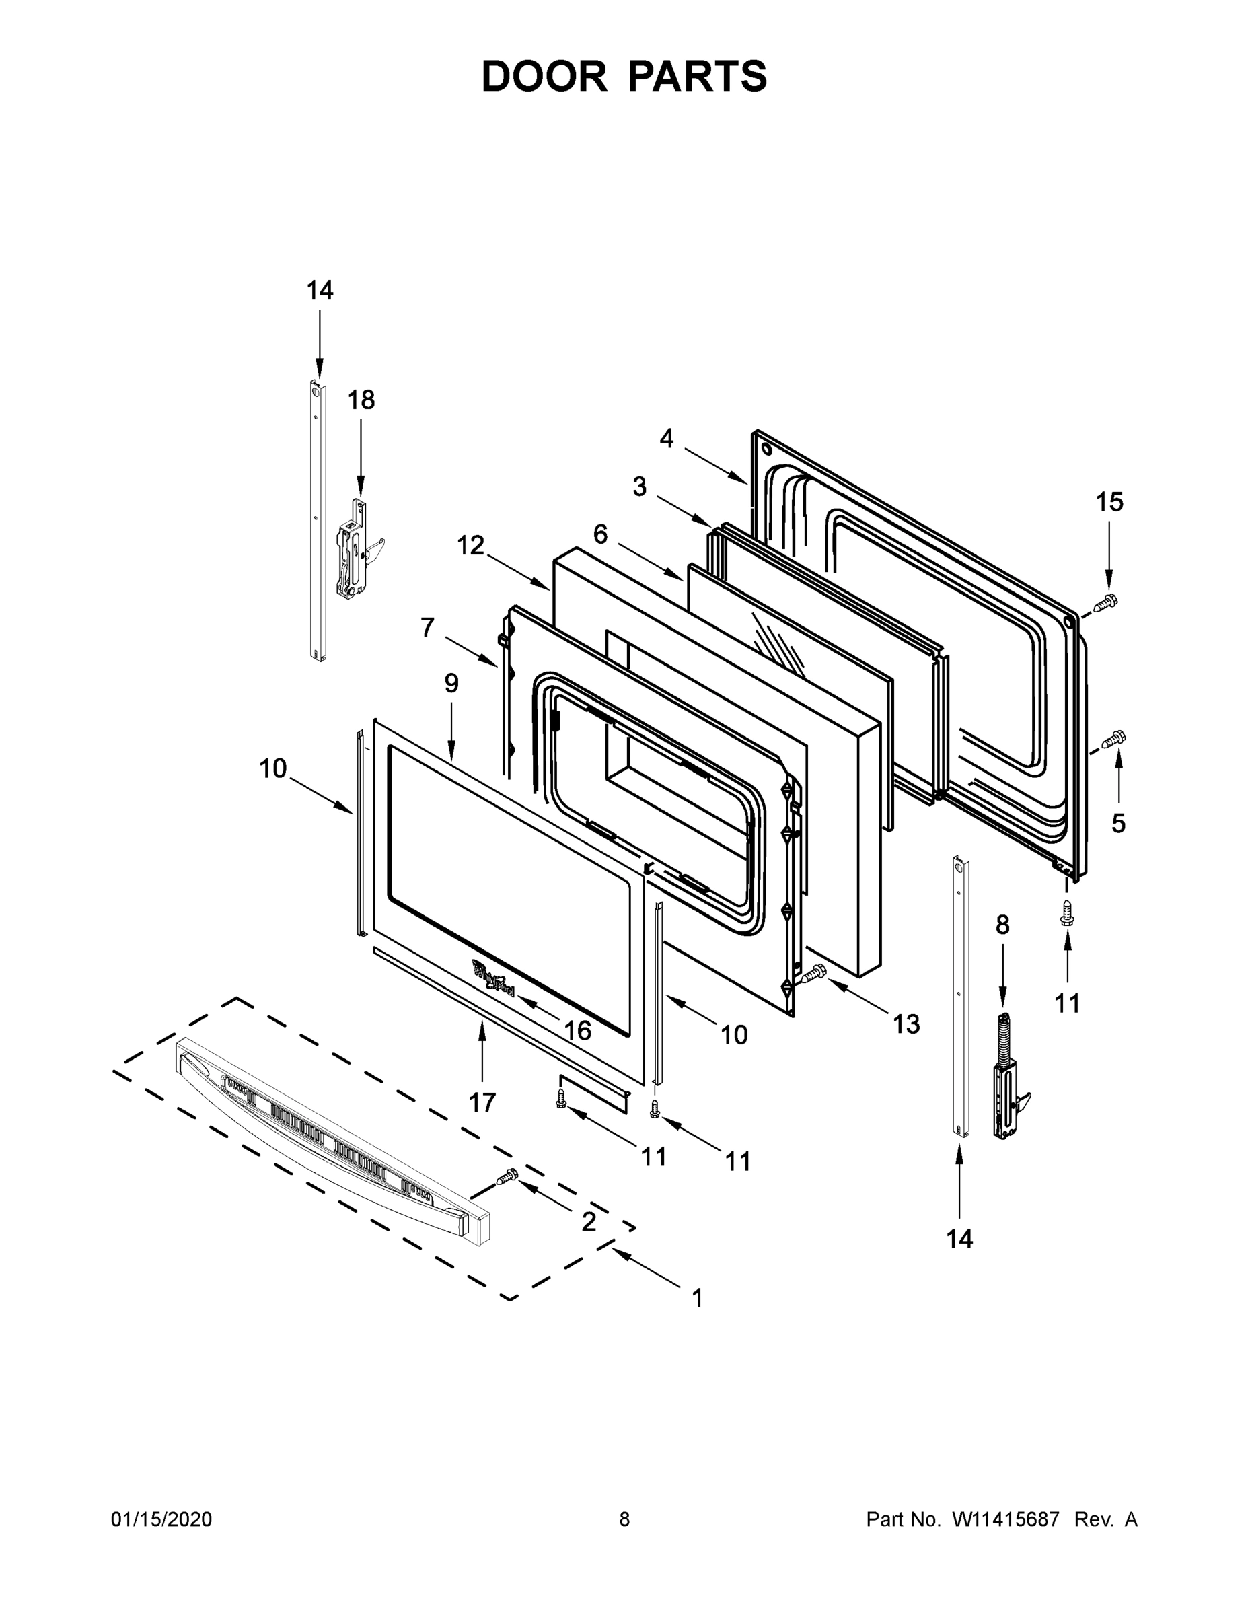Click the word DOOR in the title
coord(544,76)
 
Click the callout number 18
coord(361,400)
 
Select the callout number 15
coord(1109,502)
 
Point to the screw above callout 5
coord(1114,738)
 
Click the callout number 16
coord(577,1030)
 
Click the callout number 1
coord(696,1298)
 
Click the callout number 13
coord(906,1024)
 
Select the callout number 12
coord(470,546)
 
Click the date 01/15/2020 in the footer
coord(161,1519)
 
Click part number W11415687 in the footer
coord(1006,1519)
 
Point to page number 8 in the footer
coord(624,1519)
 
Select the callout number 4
coord(666,439)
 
